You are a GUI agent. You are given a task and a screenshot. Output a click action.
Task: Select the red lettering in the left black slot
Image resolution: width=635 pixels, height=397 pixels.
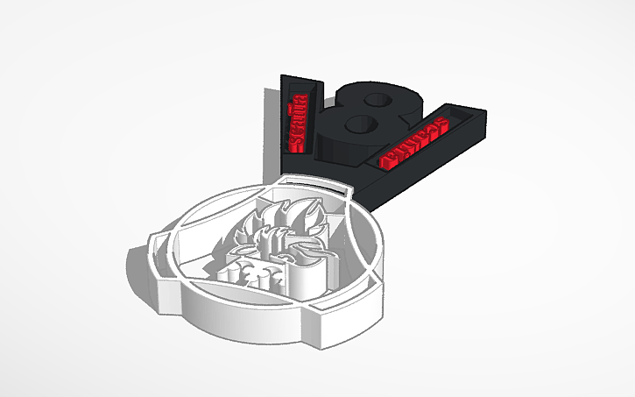[x=299, y=114]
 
